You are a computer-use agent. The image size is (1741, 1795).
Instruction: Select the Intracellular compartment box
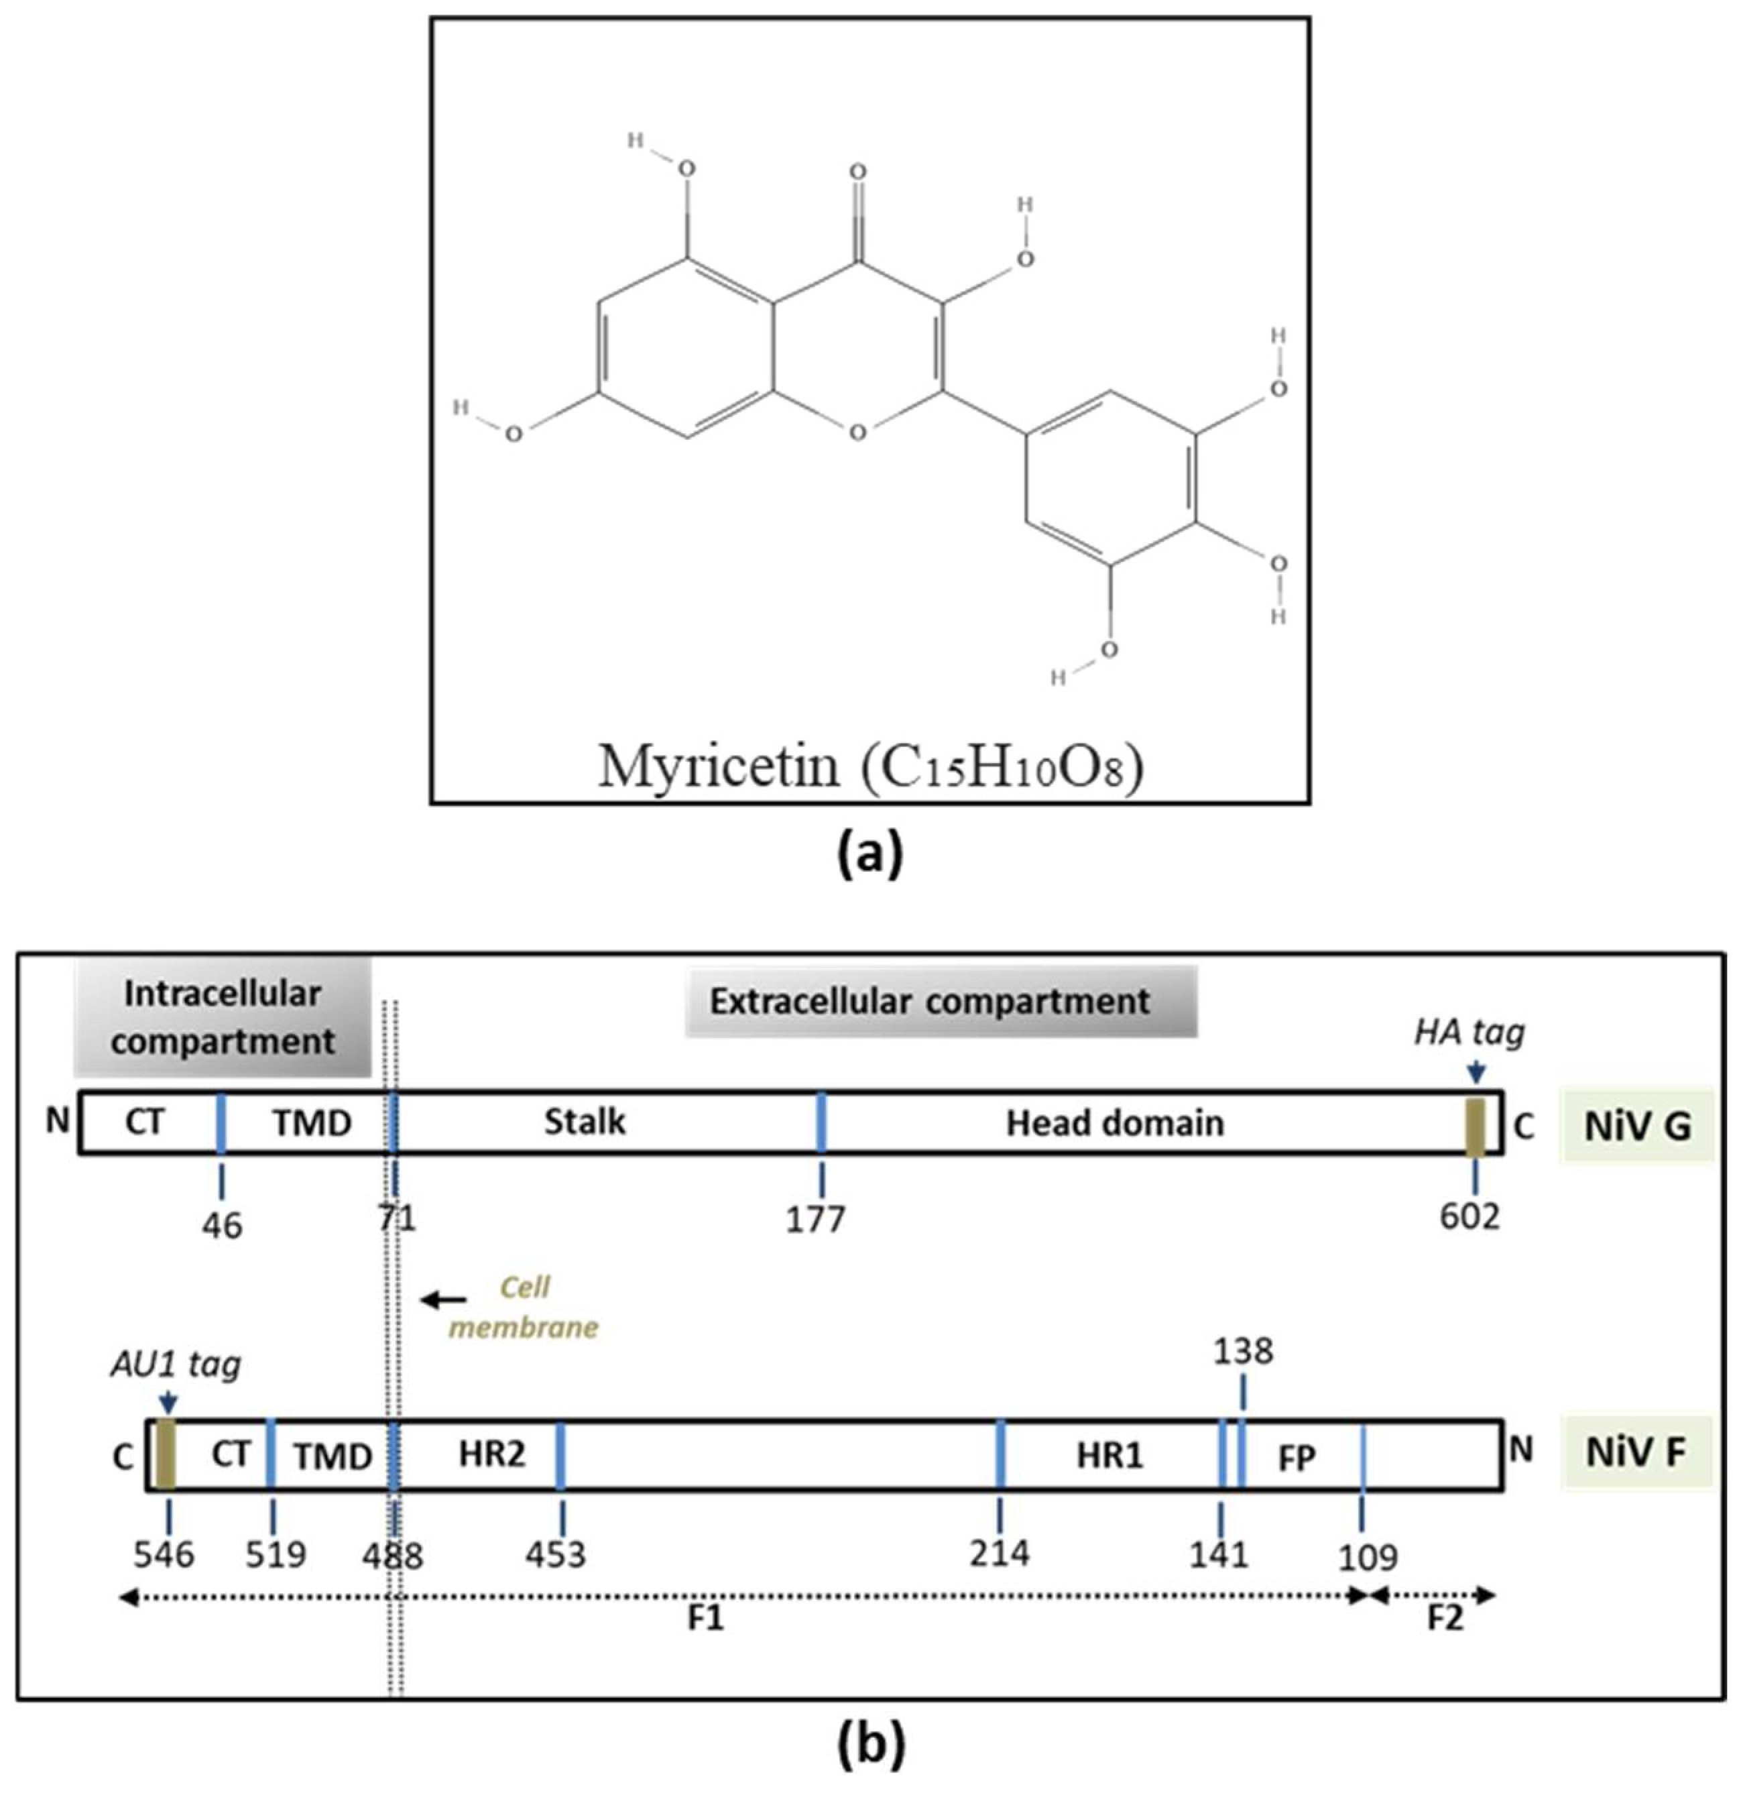click(223, 1017)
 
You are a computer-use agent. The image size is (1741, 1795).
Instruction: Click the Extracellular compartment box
click(941, 1001)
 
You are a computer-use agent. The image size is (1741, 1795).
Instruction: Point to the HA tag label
click(1469, 1032)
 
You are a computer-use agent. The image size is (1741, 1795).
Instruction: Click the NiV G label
click(1636, 1126)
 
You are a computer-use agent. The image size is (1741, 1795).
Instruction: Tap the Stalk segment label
click(585, 1122)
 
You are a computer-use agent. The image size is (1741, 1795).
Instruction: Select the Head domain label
click(1115, 1122)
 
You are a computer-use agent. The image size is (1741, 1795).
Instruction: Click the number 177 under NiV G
click(815, 1219)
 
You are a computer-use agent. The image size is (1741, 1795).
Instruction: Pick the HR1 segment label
click(1109, 1455)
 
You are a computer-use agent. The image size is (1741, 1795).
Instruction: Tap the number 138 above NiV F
click(1243, 1351)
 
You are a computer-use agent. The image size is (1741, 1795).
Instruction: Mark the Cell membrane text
click(524, 1307)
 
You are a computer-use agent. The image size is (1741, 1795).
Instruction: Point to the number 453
click(556, 1554)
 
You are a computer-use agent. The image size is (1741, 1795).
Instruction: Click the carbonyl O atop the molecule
click(857, 171)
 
